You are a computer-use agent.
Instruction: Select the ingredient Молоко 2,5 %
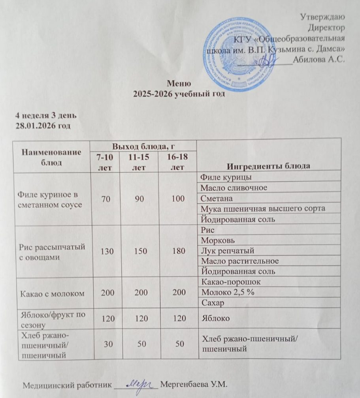point(228,293)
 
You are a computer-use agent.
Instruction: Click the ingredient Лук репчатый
point(227,251)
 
